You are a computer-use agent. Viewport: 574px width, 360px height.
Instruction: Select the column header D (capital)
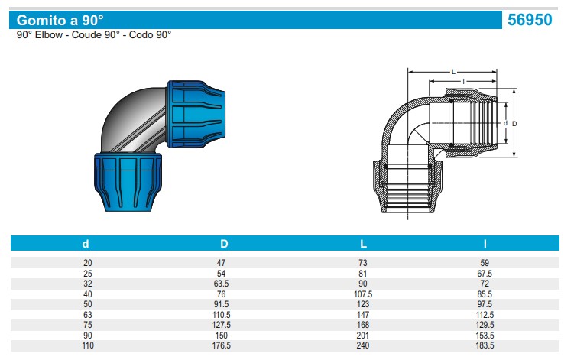[224, 244]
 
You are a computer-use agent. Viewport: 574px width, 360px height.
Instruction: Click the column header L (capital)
[363, 244]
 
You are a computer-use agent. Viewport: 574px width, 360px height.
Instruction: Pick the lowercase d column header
[86, 244]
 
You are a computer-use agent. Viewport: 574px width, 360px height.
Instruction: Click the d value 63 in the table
[86, 314]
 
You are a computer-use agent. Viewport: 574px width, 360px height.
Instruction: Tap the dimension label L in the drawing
[454, 72]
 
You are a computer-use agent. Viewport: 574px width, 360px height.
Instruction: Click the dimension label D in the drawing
[515, 122]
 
